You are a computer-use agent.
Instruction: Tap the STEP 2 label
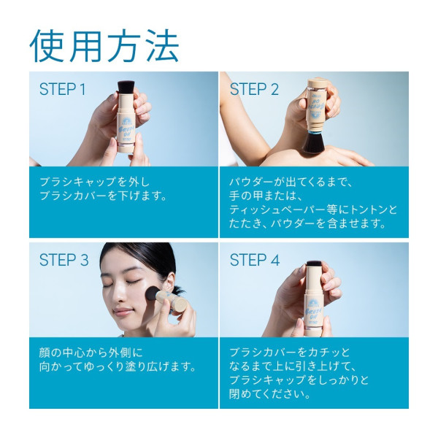click(x=254, y=90)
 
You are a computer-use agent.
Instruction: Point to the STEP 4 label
click(x=255, y=260)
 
